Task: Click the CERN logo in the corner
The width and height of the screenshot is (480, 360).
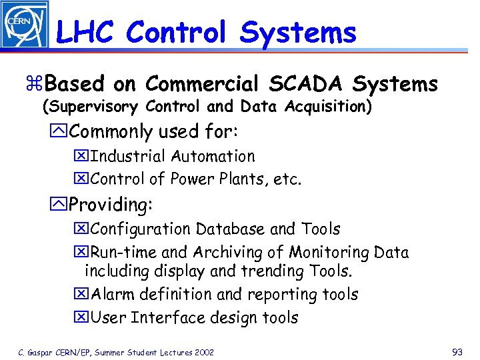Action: coord(24,25)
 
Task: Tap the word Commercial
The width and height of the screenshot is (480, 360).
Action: coord(201,85)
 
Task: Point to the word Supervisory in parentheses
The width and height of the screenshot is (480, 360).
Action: coord(92,107)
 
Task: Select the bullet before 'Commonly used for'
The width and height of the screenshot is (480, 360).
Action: coord(61,132)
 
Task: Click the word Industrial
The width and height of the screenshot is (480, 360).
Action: coord(128,157)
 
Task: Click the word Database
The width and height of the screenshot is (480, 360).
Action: coord(231,229)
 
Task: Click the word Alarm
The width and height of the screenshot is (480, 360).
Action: coord(114,295)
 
